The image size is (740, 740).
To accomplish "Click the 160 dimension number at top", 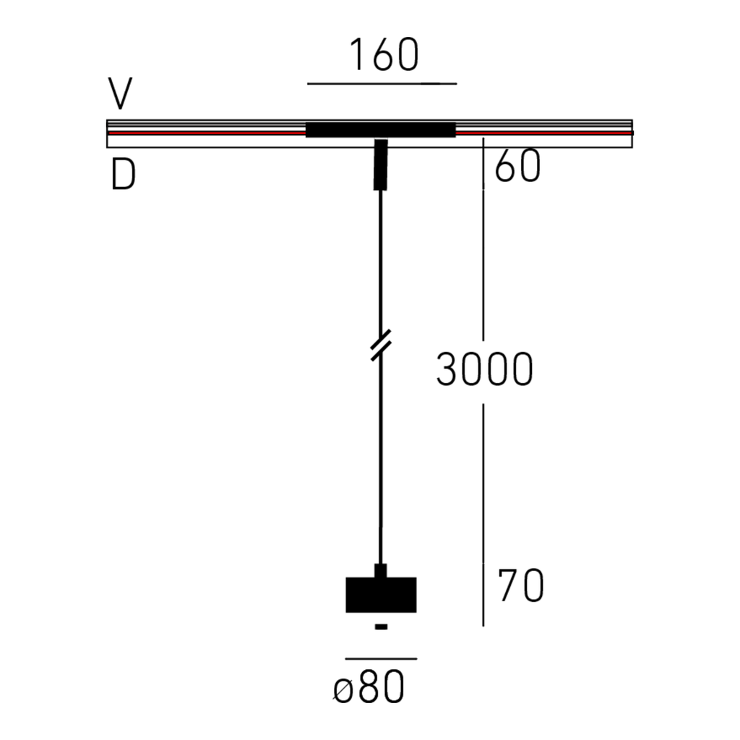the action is point(383,54).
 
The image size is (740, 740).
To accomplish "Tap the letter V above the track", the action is point(121,93).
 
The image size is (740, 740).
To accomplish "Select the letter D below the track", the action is point(123,174).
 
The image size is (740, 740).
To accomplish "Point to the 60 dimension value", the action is point(517,165).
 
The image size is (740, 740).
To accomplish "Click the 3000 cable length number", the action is point(485,369).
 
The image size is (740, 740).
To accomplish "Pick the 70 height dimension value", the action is point(520,585).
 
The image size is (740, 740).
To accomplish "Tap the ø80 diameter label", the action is point(369,687).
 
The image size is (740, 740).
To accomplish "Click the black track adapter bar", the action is point(381,130).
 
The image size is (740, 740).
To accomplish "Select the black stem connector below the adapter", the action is point(380,165).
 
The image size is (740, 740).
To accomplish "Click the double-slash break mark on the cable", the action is point(381,345).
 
